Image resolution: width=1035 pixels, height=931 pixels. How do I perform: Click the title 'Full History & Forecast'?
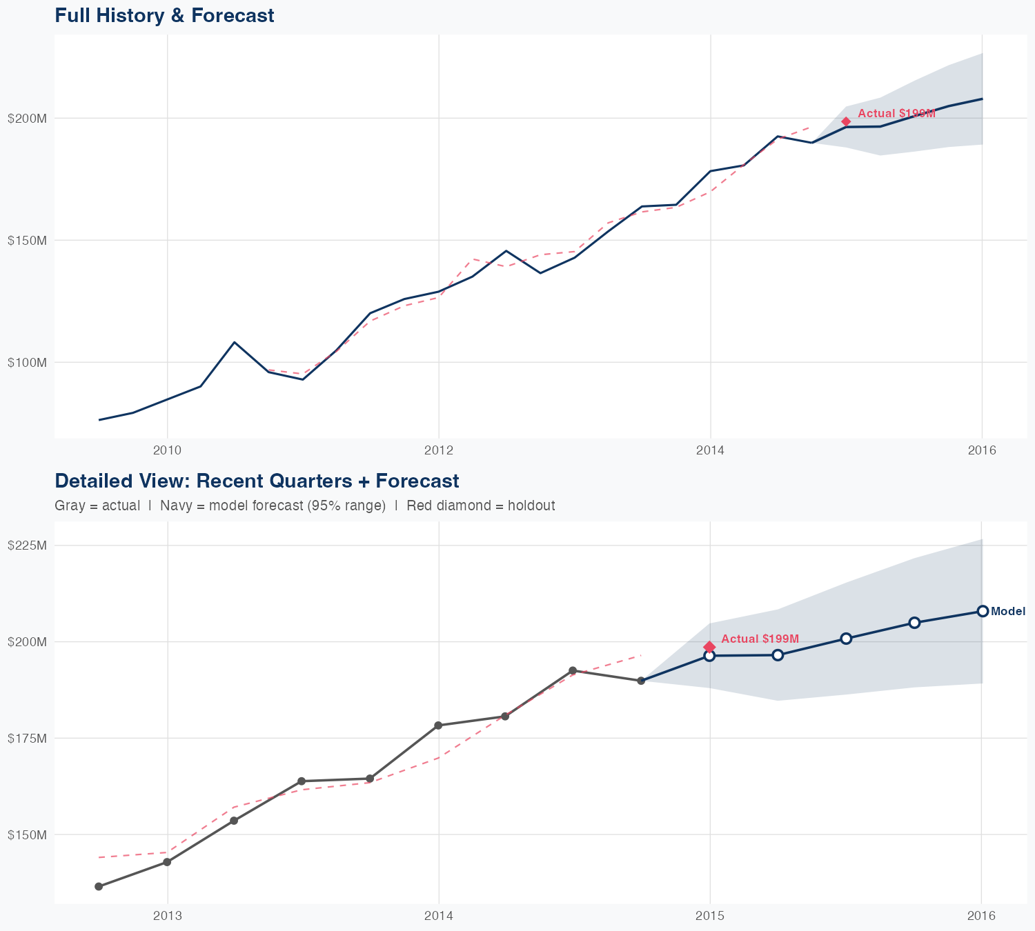164,15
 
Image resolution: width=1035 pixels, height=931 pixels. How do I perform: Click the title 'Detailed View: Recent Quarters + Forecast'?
257,481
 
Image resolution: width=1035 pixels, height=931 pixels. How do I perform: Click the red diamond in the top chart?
846,121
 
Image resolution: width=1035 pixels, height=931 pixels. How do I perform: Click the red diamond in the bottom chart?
709,647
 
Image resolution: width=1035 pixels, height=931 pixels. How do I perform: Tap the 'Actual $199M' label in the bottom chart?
760,639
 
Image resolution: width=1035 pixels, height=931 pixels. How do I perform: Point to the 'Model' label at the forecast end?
1008,611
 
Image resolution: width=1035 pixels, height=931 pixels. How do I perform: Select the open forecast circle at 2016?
983,611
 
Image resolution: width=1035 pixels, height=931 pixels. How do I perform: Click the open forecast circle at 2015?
709,656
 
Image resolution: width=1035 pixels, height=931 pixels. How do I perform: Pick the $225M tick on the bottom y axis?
27,545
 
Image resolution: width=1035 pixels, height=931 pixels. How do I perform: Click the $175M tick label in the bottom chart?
27,738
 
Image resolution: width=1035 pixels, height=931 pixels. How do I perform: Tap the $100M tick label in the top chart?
27,362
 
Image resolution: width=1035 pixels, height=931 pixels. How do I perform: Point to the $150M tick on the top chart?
27,240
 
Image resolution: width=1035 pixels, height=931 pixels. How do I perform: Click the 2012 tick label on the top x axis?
438,450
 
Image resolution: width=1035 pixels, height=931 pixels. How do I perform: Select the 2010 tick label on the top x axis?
167,450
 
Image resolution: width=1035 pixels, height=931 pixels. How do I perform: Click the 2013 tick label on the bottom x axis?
167,916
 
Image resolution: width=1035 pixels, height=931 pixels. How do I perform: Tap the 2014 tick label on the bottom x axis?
438,916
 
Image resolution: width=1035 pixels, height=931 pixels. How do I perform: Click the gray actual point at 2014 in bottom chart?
438,725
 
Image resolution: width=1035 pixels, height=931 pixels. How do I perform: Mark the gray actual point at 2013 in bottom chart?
167,862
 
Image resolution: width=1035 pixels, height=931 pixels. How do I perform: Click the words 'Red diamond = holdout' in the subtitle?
481,505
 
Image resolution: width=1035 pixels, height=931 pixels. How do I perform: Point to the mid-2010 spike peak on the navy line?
235,342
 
